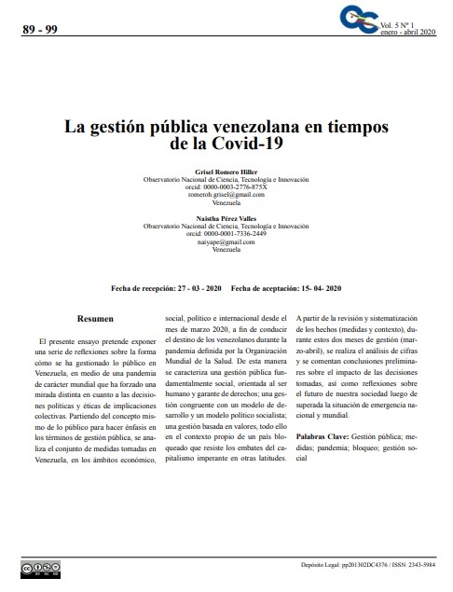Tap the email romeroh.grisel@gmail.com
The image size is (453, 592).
[226, 194]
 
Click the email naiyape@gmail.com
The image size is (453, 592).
[226, 241]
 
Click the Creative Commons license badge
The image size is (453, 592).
[34, 568]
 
